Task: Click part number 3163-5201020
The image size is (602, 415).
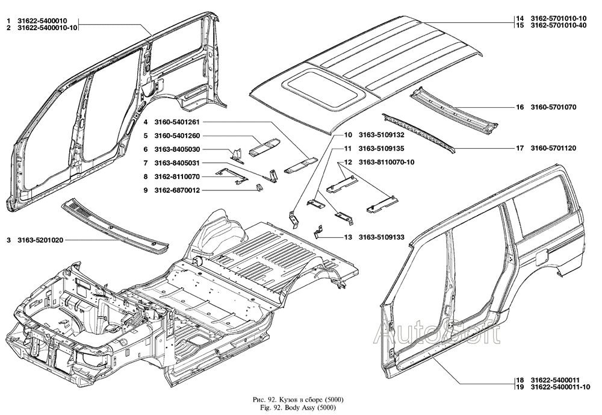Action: point(40,240)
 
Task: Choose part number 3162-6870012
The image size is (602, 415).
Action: point(178,190)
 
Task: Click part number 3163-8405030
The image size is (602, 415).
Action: point(178,149)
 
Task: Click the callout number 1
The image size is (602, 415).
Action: point(8,20)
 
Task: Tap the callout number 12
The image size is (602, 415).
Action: point(347,162)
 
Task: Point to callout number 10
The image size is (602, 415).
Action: point(347,135)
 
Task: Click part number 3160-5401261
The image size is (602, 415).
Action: point(178,122)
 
